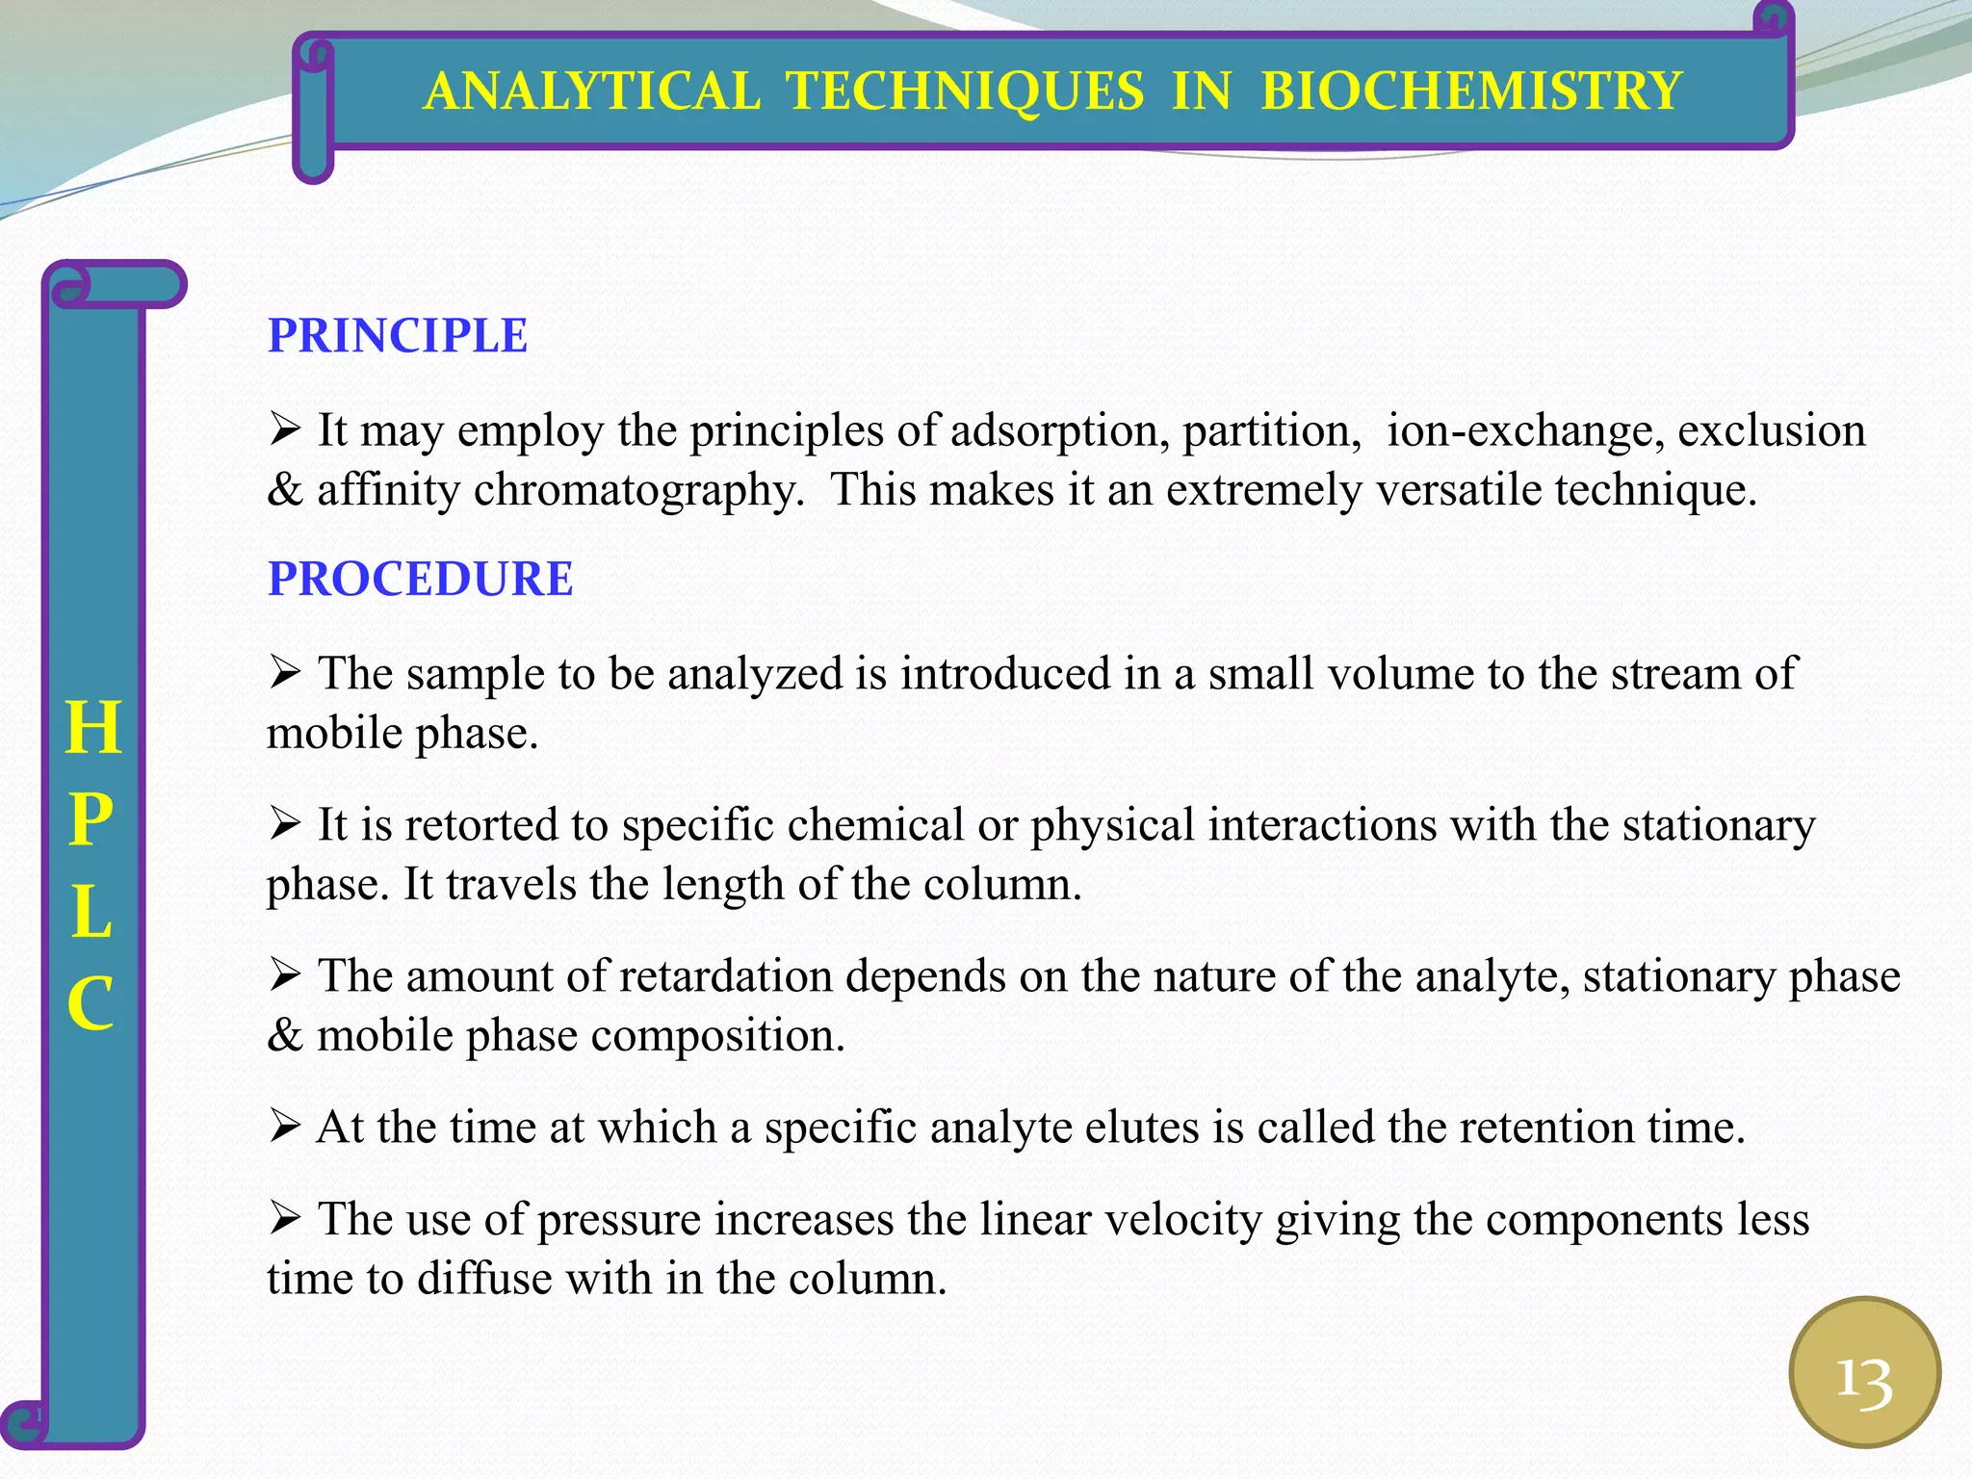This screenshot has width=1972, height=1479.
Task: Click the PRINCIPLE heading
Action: coord(397,336)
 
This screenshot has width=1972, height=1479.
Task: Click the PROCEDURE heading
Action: coord(420,579)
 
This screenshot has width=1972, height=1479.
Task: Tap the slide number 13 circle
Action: coord(1864,1372)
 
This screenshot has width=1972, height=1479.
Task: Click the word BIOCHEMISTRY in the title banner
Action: coord(1470,91)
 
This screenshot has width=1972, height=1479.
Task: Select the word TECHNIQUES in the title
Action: coord(965,91)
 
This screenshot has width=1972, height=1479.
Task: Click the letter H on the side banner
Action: coord(93,728)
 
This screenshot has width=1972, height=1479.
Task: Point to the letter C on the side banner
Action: coord(91,1003)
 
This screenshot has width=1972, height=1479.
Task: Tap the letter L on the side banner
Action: coord(91,912)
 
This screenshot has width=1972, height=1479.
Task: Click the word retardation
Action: coord(725,976)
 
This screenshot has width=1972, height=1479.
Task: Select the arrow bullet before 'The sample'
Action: coord(285,672)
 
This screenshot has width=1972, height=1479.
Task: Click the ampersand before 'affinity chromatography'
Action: coord(284,490)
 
